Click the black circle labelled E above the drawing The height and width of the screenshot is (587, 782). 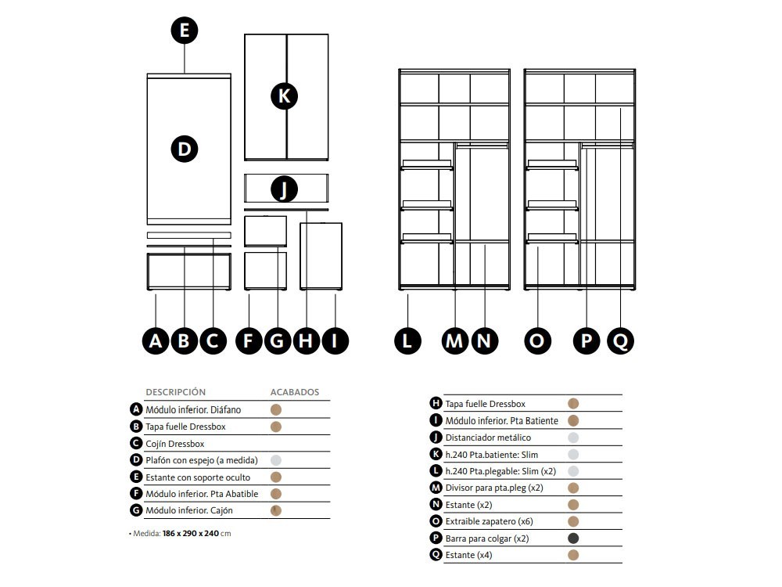184,31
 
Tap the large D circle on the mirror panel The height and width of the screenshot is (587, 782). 184,149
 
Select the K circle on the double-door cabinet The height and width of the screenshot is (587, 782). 284,95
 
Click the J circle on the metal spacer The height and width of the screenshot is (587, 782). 284,189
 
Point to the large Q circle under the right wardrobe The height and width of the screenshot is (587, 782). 619,340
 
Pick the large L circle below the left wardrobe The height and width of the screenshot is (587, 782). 407,340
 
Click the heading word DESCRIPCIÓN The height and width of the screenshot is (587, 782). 175,392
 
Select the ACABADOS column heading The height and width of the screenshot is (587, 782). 295,392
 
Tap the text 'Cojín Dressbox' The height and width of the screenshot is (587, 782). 174,444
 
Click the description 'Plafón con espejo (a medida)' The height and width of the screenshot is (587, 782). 202,460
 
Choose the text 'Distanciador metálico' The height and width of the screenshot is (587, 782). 488,438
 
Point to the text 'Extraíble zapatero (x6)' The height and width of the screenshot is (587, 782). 490,521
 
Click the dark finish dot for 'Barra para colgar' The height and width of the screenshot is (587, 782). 573,538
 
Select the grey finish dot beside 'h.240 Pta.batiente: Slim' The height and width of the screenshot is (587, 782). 573,454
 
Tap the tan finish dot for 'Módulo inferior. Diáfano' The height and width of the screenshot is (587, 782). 276,409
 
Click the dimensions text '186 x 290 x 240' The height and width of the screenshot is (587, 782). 190,534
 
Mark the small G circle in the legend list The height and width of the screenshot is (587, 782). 137,510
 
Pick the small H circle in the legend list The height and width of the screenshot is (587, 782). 436,403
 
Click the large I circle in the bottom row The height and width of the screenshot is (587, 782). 335,340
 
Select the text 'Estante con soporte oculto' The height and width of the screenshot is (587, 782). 198,477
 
